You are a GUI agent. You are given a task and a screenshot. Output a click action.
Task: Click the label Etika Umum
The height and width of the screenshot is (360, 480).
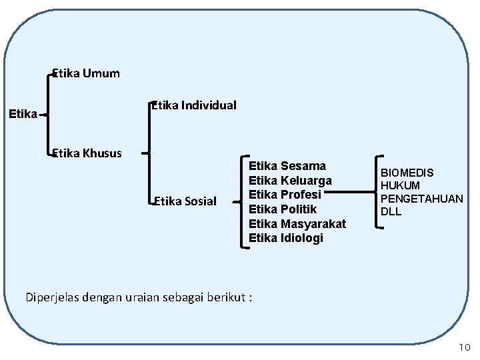[x=86, y=73]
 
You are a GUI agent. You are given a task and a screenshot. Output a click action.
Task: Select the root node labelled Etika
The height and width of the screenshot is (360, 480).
[x=23, y=114]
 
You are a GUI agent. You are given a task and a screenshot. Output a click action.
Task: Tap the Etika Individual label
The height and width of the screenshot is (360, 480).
[x=194, y=105]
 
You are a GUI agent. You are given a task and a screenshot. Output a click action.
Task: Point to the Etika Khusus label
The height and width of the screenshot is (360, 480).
[x=87, y=153]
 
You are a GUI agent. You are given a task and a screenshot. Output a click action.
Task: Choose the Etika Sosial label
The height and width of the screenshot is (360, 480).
[x=185, y=201]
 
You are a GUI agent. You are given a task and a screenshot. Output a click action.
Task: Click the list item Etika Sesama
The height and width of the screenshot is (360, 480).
[x=287, y=165]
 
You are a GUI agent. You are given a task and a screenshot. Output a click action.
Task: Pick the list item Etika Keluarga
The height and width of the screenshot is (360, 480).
[x=290, y=180]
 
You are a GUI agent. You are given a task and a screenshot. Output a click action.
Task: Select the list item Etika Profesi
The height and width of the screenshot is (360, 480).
[x=285, y=195]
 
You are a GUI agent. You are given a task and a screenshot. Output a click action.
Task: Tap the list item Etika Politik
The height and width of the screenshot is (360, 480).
[x=283, y=209]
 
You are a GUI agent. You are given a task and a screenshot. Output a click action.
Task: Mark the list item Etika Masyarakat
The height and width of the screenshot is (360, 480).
[x=297, y=224]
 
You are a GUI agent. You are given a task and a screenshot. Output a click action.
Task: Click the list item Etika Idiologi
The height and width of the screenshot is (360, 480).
[x=286, y=238]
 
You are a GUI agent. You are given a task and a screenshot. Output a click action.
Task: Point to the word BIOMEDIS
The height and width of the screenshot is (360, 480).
[x=407, y=173]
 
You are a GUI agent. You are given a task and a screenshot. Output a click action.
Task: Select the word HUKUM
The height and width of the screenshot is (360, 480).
[x=400, y=186]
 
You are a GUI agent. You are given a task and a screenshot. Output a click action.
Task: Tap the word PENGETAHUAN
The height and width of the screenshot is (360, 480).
[x=421, y=199]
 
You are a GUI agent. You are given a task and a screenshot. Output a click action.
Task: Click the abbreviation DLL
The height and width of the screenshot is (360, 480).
[x=391, y=211]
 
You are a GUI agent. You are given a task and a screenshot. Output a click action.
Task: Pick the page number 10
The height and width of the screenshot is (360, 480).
[x=464, y=347]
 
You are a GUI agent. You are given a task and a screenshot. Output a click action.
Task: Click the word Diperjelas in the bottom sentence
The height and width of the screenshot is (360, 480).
[x=53, y=297]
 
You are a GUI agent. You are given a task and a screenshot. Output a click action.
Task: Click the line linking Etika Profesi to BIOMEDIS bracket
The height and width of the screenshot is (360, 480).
[x=350, y=194]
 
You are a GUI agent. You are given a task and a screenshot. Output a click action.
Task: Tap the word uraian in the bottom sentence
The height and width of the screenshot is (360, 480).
[x=141, y=297]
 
